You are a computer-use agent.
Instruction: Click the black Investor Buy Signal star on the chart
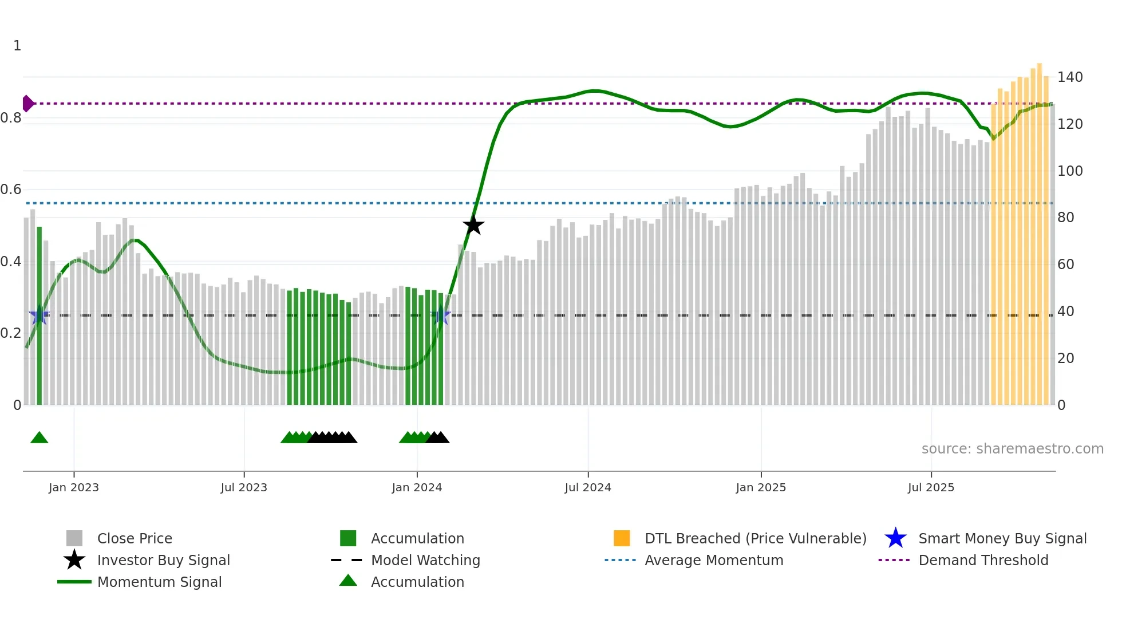pyautogui.click(x=473, y=226)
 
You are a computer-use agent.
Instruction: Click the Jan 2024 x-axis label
pyautogui.click(x=417, y=487)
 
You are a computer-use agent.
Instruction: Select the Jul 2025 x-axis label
pyautogui.click(x=931, y=487)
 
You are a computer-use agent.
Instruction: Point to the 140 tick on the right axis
pyautogui.click(x=1069, y=77)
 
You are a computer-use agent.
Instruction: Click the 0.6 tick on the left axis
pyautogui.click(x=11, y=190)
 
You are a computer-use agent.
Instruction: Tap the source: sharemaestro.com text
pyautogui.click(x=1012, y=449)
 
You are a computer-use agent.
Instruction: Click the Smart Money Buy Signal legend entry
pyautogui.click(x=1002, y=538)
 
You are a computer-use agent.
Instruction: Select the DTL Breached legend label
pyautogui.click(x=755, y=538)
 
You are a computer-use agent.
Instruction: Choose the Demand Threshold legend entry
pyautogui.click(x=983, y=560)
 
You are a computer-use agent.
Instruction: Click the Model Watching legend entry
pyautogui.click(x=425, y=560)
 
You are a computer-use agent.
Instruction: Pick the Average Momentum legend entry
pyautogui.click(x=713, y=560)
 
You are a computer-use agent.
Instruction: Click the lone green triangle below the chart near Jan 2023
pyautogui.click(x=39, y=438)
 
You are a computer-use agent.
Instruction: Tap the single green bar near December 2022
pyautogui.click(x=39, y=315)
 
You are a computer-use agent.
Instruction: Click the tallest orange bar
pyautogui.click(x=1039, y=229)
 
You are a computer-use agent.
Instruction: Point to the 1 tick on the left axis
pyautogui.click(x=17, y=46)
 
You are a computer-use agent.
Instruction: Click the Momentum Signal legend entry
pyautogui.click(x=159, y=582)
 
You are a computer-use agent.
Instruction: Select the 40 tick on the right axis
pyautogui.click(x=1065, y=311)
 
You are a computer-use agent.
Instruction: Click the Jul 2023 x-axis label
pyautogui.click(x=244, y=487)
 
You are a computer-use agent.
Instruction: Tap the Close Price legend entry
pyautogui.click(x=134, y=538)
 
